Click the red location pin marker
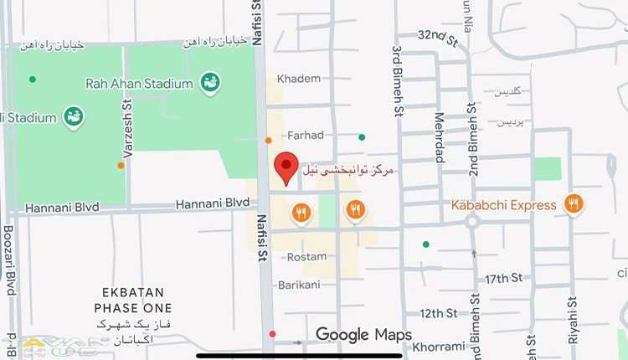pos(286,167)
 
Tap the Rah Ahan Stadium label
pos(139,83)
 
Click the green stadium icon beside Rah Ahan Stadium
pos(208,82)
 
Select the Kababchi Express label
pos(503,205)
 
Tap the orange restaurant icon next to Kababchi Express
pos(574,203)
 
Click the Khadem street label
pos(299,79)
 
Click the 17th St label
pos(503,278)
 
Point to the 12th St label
pos(438,313)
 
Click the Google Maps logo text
pos(363,336)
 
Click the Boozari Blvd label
pos(9,260)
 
